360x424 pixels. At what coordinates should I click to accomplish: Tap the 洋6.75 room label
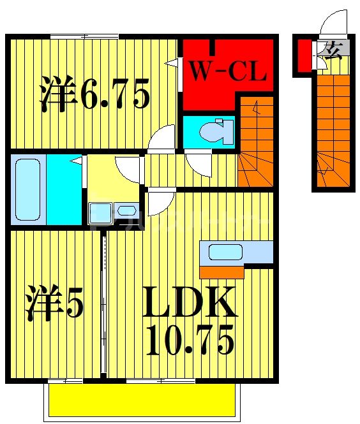(96, 95)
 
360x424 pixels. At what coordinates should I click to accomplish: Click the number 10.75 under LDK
(190, 340)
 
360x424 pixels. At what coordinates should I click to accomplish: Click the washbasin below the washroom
(112, 211)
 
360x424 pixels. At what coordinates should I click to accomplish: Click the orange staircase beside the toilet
(256, 143)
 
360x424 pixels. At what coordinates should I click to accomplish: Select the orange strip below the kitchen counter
(221, 272)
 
